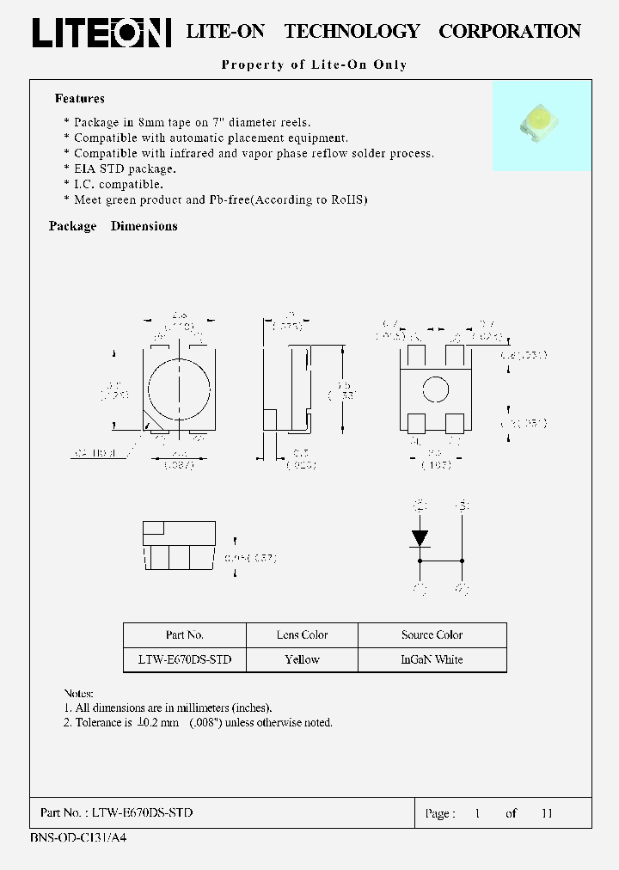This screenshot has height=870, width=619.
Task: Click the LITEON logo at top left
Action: tap(101, 33)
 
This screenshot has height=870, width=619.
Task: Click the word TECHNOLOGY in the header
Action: tap(352, 32)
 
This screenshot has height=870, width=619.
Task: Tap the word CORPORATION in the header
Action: tap(510, 32)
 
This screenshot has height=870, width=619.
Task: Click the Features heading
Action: tap(80, 99)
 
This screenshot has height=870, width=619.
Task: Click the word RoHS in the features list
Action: tap(350, 200)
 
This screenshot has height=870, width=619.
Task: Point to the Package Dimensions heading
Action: tap(113, 226)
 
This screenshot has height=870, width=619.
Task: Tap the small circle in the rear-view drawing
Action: tap(436, 389)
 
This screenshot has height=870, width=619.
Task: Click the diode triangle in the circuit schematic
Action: tap(420, 538)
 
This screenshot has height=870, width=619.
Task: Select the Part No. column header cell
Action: tap(185, 635)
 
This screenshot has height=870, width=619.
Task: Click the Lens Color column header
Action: tap(302, 635)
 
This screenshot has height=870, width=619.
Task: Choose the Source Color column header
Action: tap(432, 635)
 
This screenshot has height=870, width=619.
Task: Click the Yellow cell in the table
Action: tap(302, 660)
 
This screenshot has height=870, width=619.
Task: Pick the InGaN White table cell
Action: tap(432, 660)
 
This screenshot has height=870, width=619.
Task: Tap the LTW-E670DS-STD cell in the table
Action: tap(185, 660)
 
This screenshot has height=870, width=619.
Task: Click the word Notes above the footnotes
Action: tap(79, 693)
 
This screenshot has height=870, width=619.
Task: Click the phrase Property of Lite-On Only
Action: tap(314, 64)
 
